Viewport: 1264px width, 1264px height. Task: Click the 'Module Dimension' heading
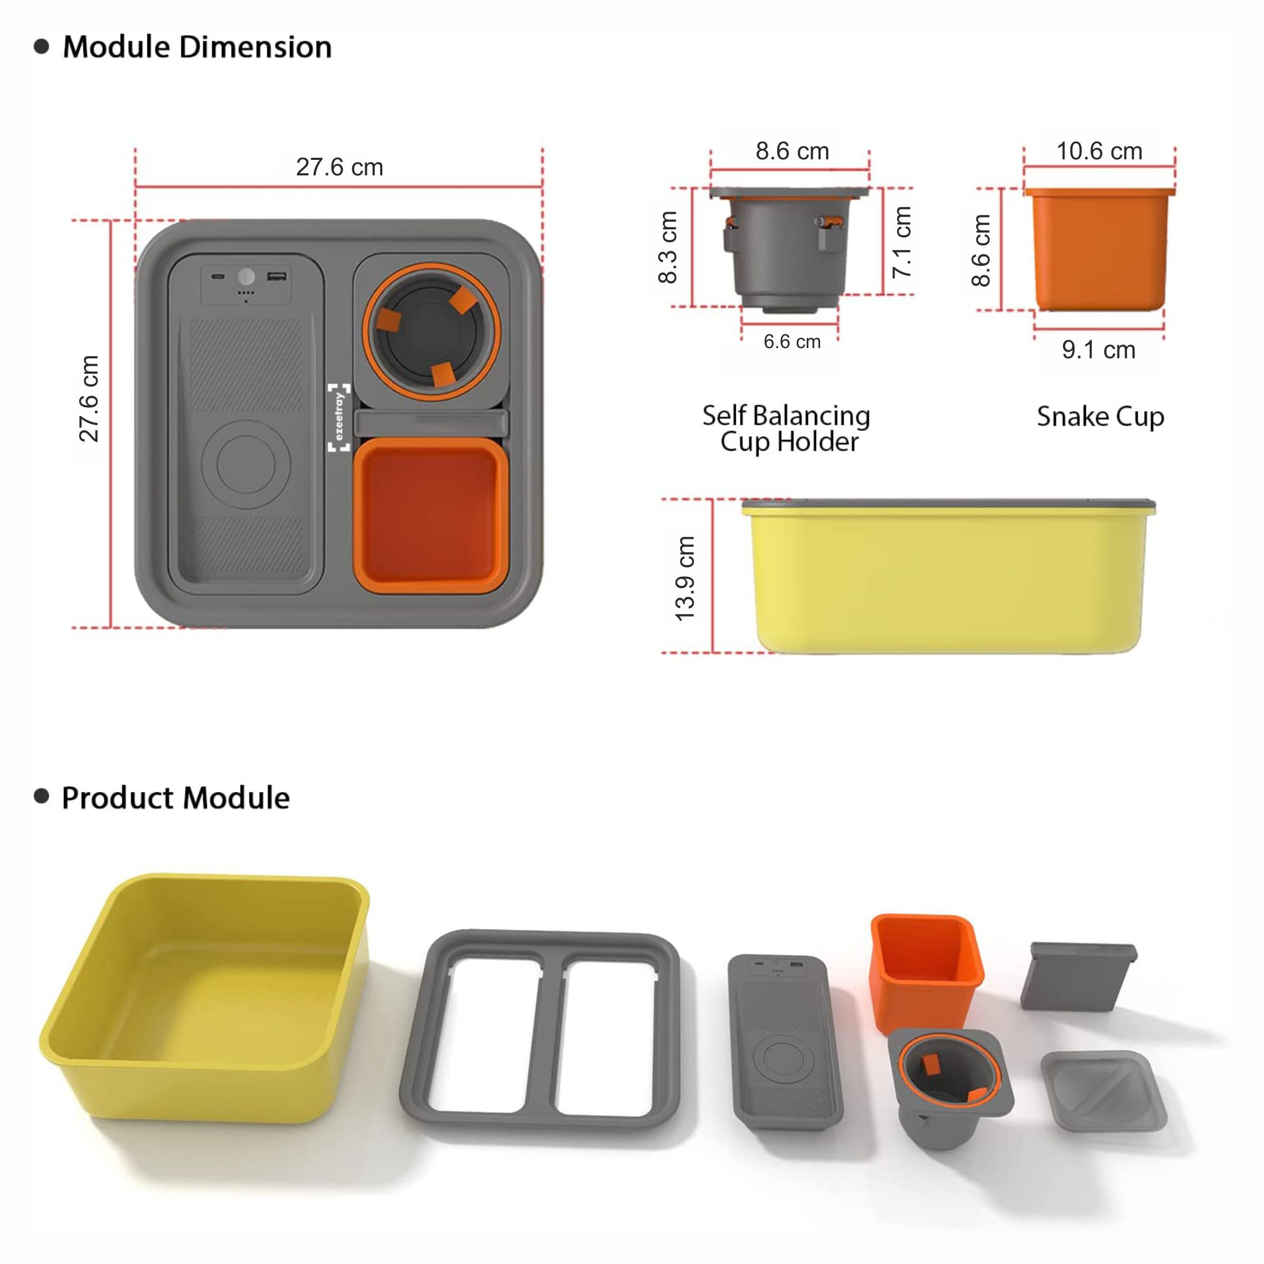(197, 47)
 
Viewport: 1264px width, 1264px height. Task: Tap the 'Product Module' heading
(175, 798)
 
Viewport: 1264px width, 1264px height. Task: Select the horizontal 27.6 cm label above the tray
(340, 167)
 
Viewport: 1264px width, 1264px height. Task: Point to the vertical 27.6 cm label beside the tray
(88, 398)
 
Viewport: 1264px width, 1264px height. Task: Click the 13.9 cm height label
(685, 579)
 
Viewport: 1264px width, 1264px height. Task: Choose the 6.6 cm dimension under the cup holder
(792, 342)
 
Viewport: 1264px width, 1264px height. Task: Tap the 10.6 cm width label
(1100, 151)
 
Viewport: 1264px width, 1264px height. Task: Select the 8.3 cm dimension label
(667, 248)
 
